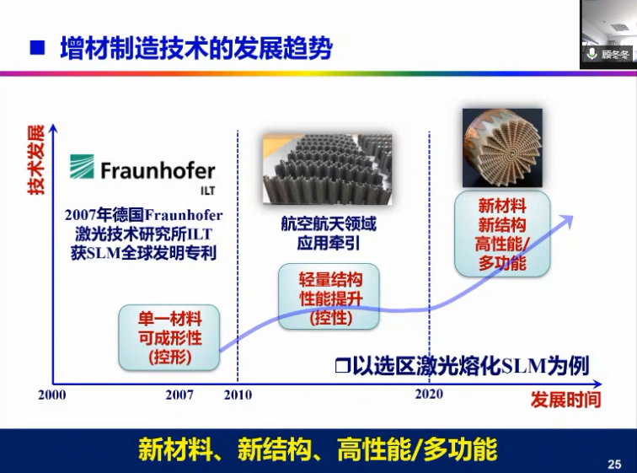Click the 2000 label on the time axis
pos(52,395)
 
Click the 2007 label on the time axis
pos(179,395)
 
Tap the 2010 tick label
pos(238,395)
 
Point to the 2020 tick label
pos(429,394)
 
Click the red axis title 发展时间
pos(566,400)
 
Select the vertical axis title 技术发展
pos(35,160)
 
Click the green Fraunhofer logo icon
pos(82,167)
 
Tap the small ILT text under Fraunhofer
pos(207,191)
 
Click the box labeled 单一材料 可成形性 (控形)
pos(169,338)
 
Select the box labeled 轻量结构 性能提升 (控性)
pos(329,296)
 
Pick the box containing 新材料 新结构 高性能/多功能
pos(502,234)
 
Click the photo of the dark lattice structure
pos(327,169)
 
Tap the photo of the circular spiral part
pos(502,148)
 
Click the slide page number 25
pos(614,464)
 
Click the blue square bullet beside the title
pos(37,47)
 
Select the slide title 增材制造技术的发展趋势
pos(196,48)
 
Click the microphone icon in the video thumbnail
pos(591,54)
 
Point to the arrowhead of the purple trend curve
pos(568,220)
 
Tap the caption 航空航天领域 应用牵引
pos(329,234)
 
